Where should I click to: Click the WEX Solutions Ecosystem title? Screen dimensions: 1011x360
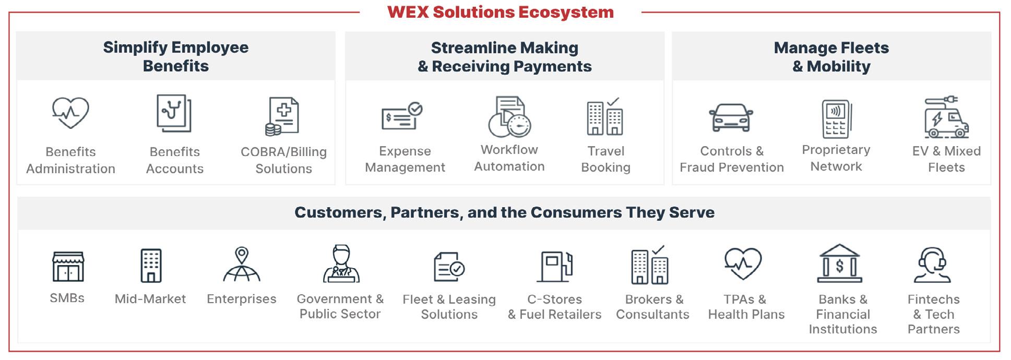500,12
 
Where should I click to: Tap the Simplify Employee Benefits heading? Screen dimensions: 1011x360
175,56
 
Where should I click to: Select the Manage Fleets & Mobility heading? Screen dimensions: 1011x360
831,57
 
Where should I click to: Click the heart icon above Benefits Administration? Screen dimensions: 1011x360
70,112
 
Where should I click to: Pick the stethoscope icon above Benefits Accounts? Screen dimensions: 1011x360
174,113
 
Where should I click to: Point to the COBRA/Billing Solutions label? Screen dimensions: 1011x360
283,160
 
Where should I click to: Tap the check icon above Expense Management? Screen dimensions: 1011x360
402,116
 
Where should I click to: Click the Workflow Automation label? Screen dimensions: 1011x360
509,158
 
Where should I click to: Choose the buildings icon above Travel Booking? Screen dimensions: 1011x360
605,116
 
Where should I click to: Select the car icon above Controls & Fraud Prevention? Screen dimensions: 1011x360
731,117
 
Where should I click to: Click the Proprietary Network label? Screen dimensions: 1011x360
836,158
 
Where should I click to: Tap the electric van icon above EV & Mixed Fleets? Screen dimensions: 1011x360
946,117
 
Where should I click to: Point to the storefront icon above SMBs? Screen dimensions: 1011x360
68,266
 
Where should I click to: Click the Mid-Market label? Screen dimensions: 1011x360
150,299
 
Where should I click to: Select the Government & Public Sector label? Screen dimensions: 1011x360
340,306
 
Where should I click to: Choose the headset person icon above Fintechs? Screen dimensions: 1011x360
933,265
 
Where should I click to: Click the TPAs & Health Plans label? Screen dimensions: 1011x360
746,307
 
